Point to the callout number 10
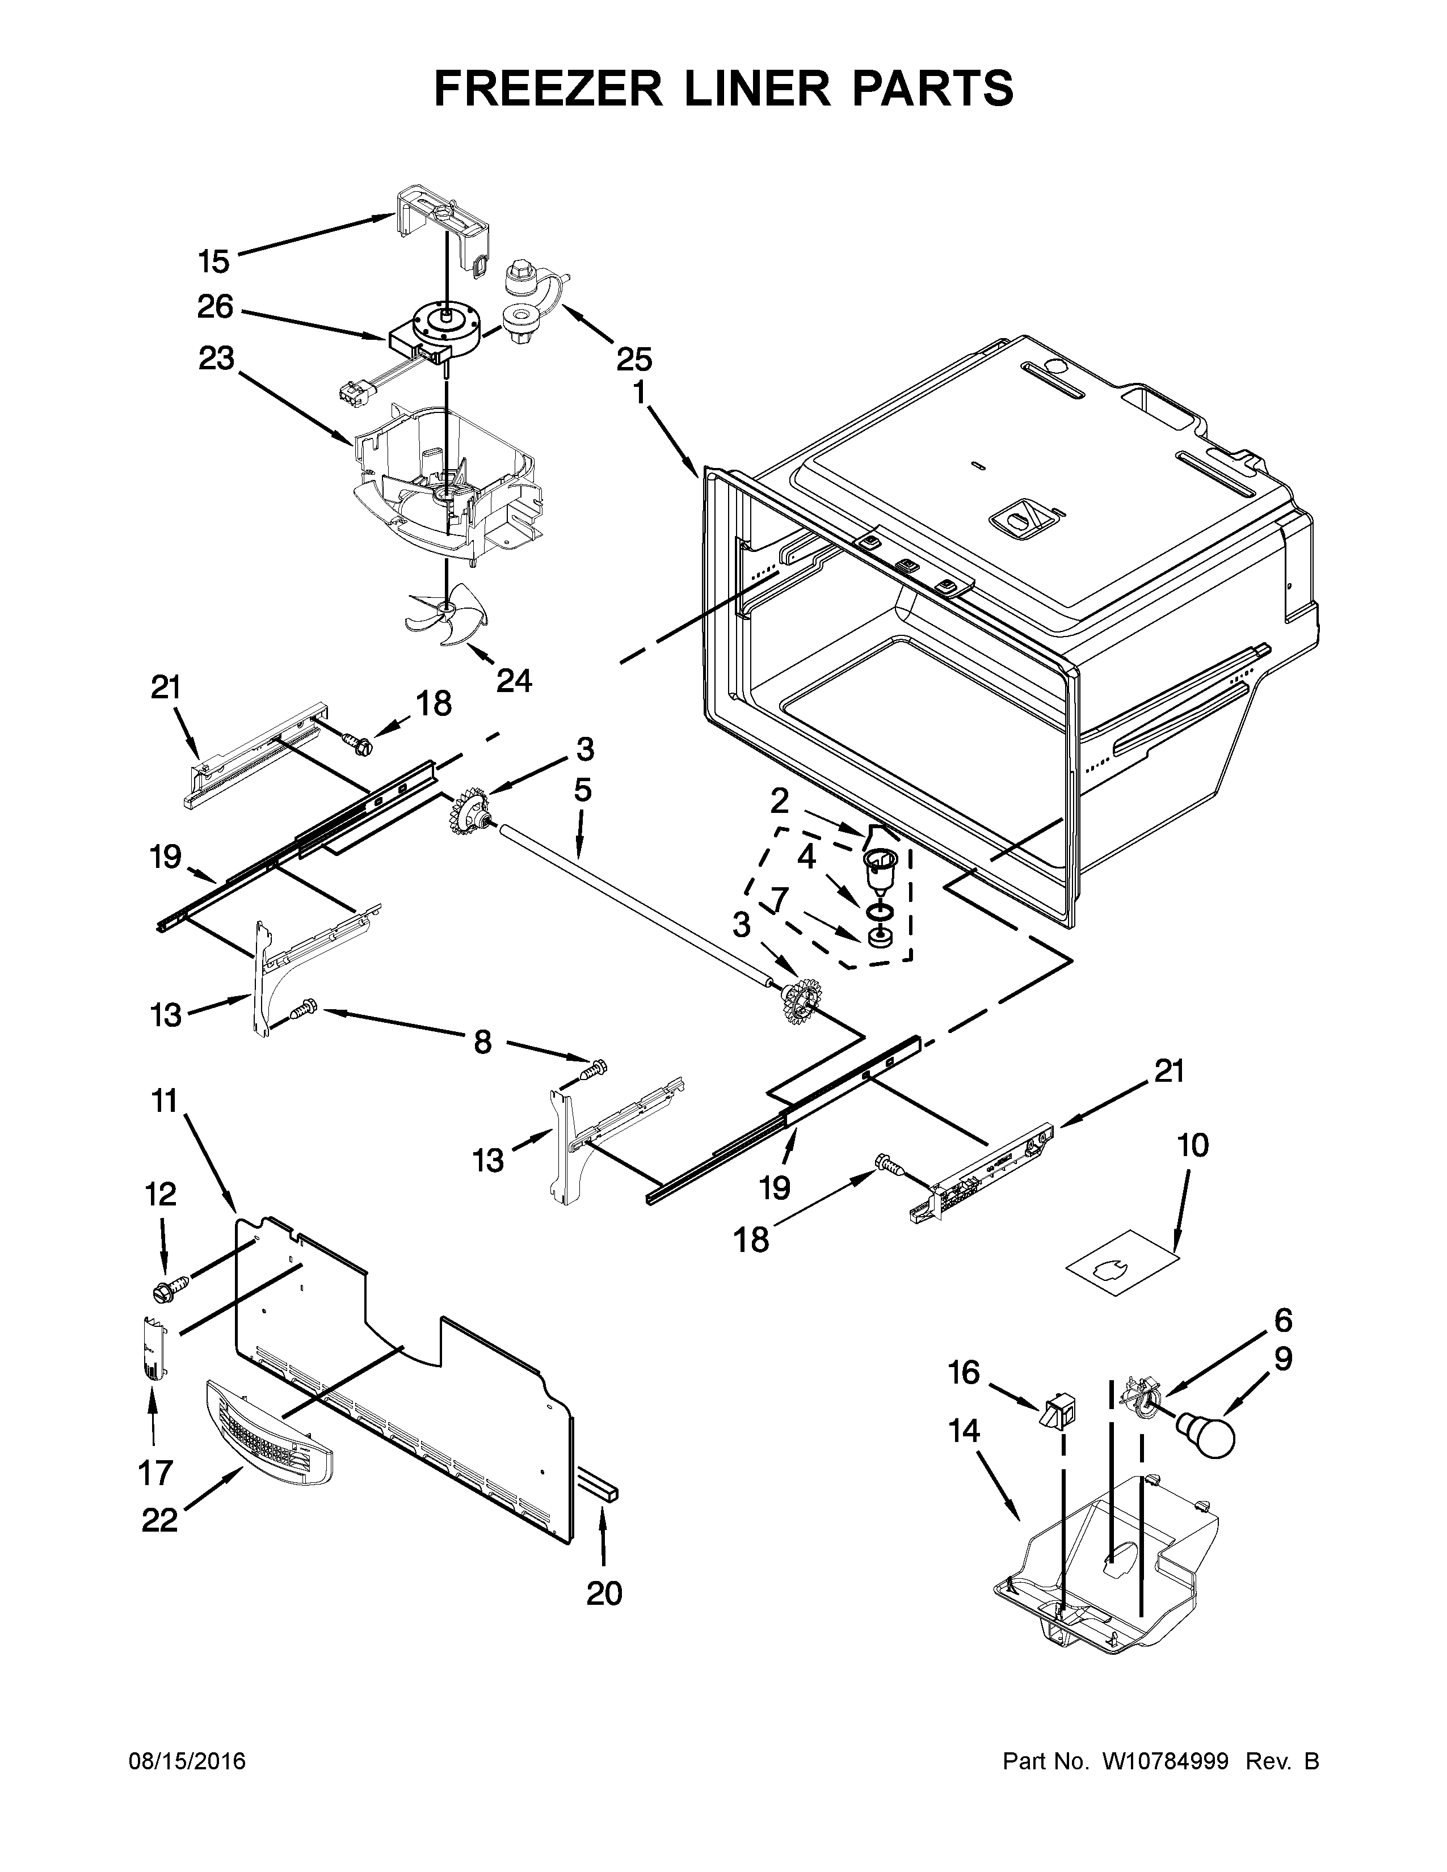[x=1193, y=1145]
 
